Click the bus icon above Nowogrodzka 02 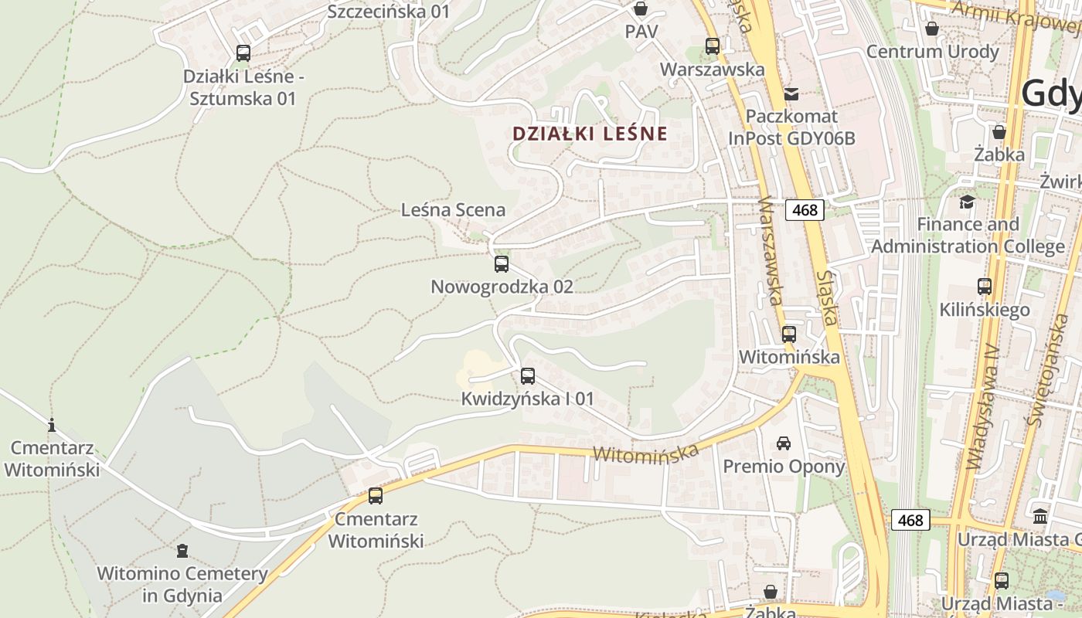[x=501, y=264]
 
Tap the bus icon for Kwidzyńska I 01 [x=527, y=376]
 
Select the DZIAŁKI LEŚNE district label [x=590, y=134]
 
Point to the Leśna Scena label [x=453, y=209]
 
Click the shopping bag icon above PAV [x=641, y=9]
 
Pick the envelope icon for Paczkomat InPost [x=791, y=94]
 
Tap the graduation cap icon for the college [x=967, y=202]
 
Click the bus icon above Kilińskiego [x=985, y=287]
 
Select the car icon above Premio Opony [x=784, y=443]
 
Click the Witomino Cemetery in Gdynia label [x=182, y=585]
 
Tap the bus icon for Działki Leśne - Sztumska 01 [x=243, y=53]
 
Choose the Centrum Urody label [x=933, y=52]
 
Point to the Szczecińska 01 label [x=389, y=12]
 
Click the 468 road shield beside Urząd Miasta [x=910, y=520]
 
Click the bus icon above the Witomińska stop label [x=788, y=334]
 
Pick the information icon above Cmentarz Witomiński [x=52, y=425]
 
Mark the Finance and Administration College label [x=968, y=235]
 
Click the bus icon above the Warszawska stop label [x=712, y=46]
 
